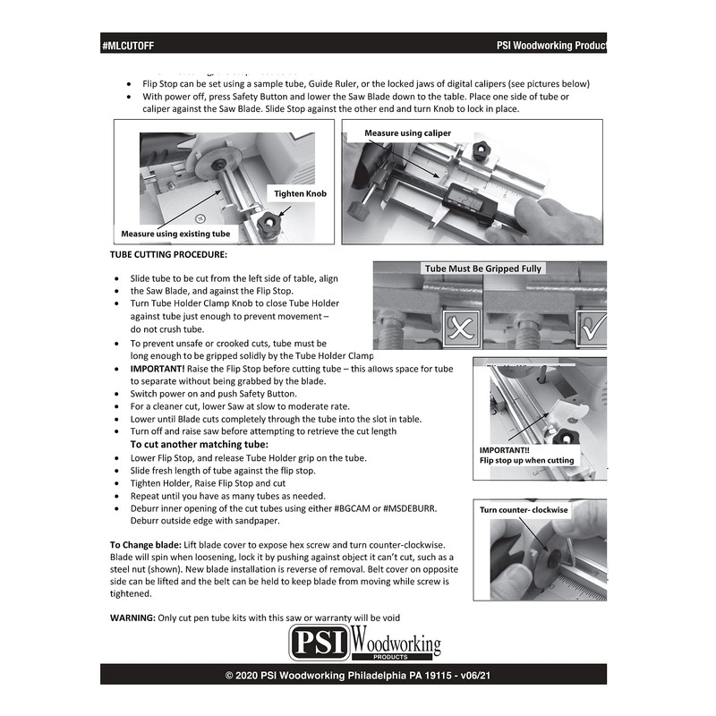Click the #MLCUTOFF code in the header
point(129,45)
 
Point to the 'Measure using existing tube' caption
point(175,234)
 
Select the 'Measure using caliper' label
point(407,132)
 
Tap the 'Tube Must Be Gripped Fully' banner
point(483,268)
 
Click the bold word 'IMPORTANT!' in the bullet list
point(160,369)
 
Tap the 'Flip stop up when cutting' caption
point(527,460)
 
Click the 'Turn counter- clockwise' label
point(524,509)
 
